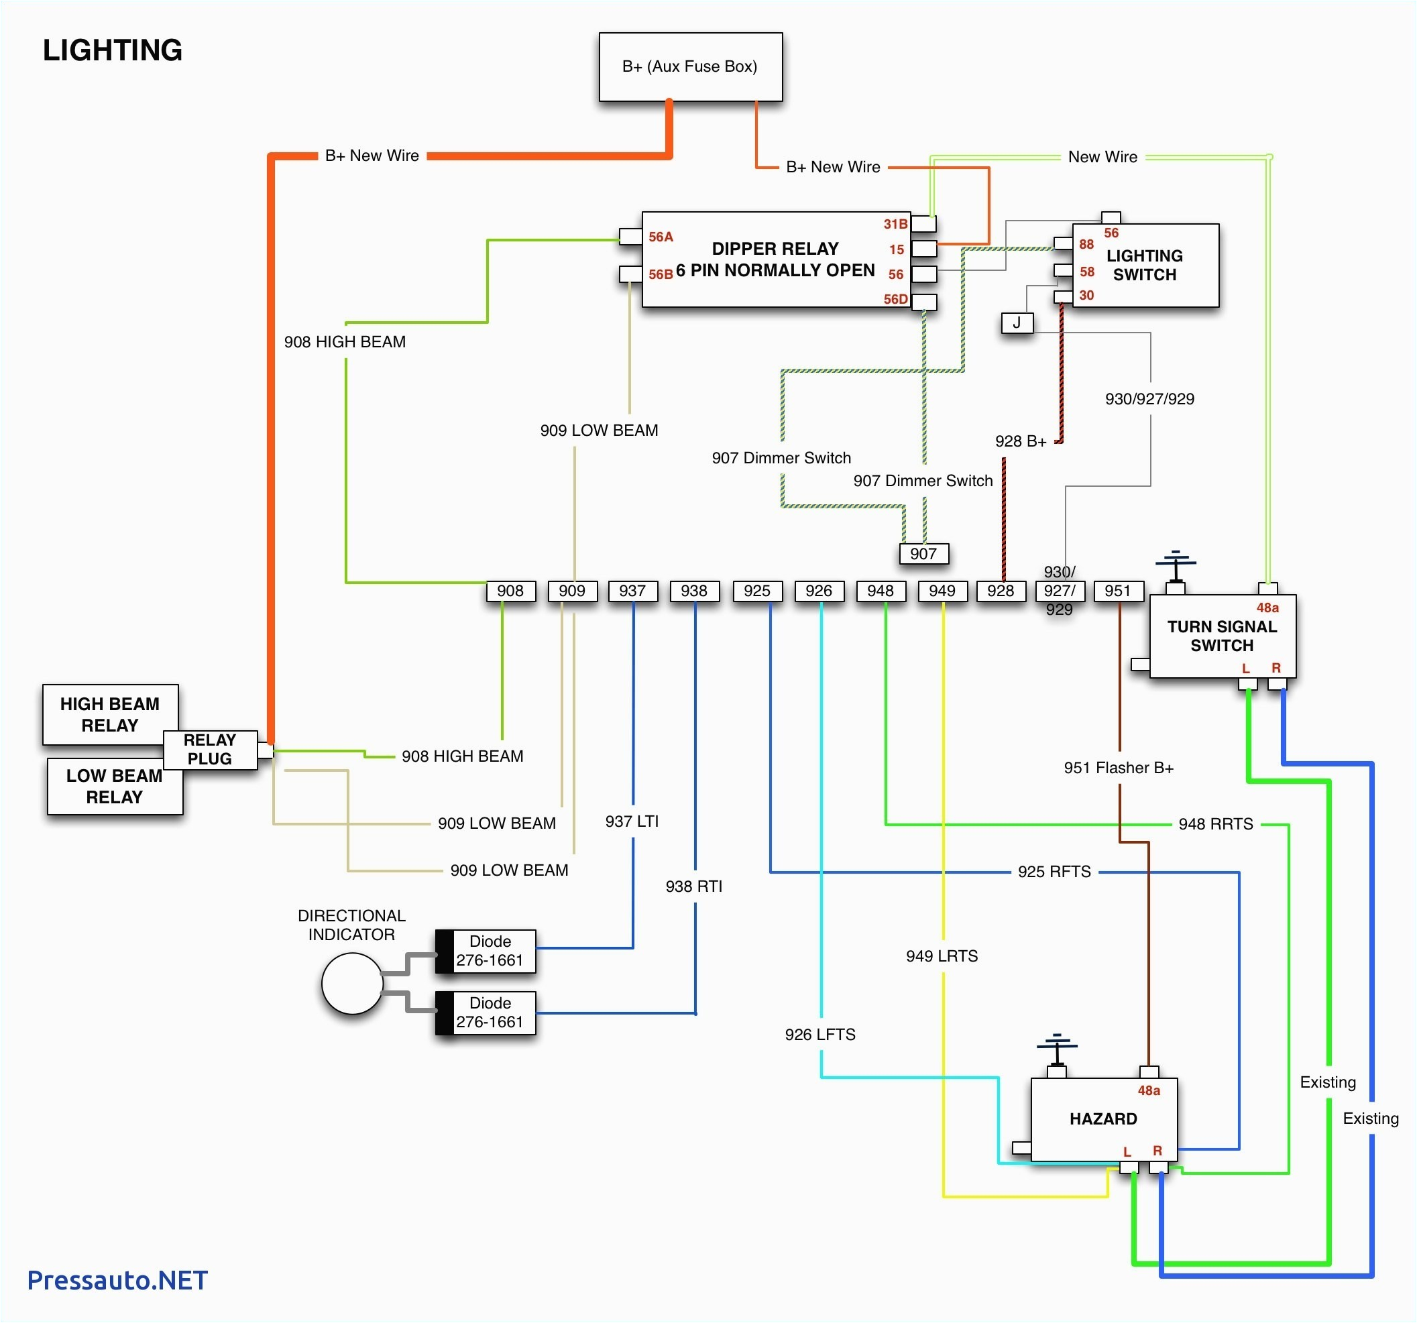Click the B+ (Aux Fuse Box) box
(x=690, y=67)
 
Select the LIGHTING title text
(x=113, y=50)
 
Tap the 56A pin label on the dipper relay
(x=660, y=237)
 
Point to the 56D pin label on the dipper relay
(x=895, y=299)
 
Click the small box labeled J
(x=1017, y=323)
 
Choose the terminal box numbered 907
(x=923, y=554)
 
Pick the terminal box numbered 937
(x=632, y=591)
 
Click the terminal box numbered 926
(x=818, y=591)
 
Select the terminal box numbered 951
(x=1118, y=591)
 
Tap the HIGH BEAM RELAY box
(x=110, y=714)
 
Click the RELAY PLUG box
(x=209, y=749)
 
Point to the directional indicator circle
(x=352, y=984)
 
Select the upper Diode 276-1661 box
(x=486, y=951)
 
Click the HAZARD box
(x=1103, y=1119)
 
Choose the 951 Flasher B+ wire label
(x=1119, y=768)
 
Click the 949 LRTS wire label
(x=942, y=956)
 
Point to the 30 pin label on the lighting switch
(x=1086, y=295)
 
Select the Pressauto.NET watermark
(x=117, y=1280)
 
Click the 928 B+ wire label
(x=1020, y=441)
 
